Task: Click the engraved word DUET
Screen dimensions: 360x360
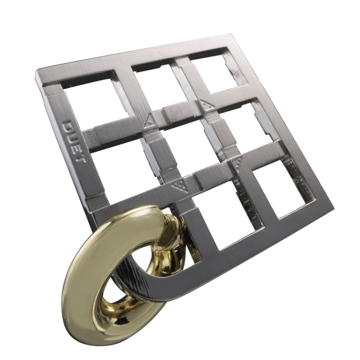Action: pos(74,141)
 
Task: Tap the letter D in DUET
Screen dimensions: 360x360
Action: pos(68,126)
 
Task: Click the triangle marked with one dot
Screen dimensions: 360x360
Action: pos(149,121)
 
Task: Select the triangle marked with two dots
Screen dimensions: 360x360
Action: pos(207,105)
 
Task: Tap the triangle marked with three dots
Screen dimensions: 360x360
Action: pos(237,163)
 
